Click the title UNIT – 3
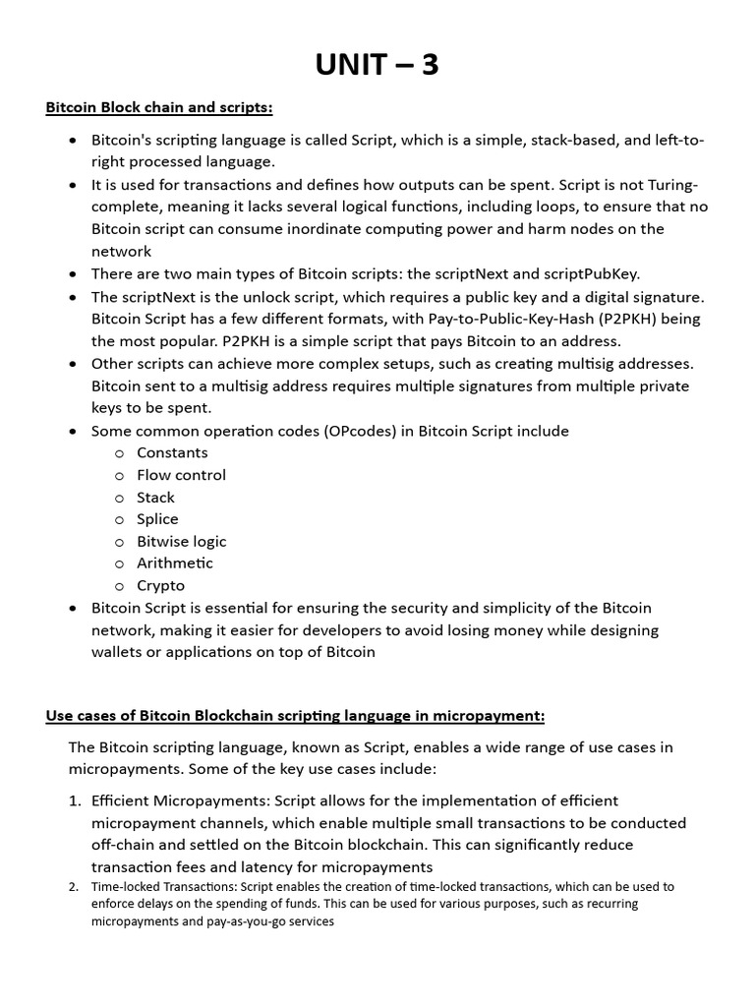click(x=377, y=65)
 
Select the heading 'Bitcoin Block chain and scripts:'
click(x=159, y=107)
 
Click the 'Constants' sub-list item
click(x=172, y=452)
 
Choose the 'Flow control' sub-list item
click(x=181, y=475)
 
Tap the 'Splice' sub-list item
click(x=157, y=519)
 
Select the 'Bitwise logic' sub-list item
click(x=181, y=541)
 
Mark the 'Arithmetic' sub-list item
click(x=174, y=563)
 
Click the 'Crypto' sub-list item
click(x=160, y=585)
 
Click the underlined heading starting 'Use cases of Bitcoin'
click(x=295, y=715)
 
